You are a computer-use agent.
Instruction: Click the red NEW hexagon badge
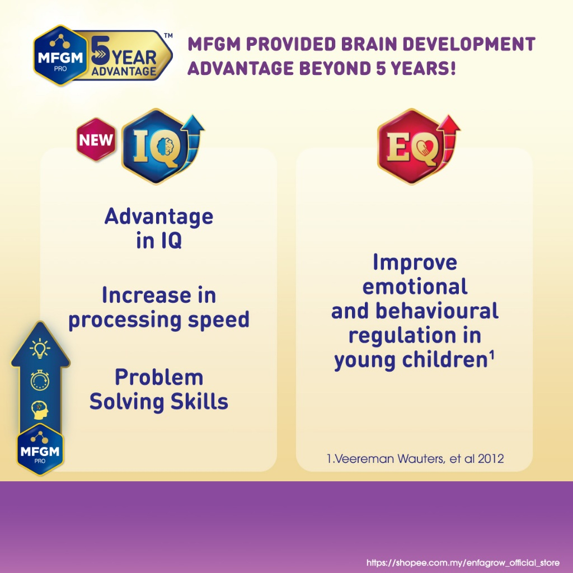click(x=96, y=139)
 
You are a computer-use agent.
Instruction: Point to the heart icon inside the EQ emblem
click(x=425, y=147)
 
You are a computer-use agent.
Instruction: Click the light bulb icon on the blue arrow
click(x=40, y=347)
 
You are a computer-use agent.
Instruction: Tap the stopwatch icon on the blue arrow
click(x=40, y=380)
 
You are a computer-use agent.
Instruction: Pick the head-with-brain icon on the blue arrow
click(x=40, y=410)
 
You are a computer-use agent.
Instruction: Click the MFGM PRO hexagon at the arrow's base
click(x=40, y=450)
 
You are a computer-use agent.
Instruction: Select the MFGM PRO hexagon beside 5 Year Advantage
click(x=60, y=55)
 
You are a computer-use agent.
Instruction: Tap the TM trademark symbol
click(x=168, y=35)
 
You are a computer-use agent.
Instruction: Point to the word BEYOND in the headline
click(x=335, y=68)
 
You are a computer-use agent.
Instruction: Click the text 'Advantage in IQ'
click(x=158, y=228)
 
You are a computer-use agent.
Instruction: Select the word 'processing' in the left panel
click(x=125, y=321)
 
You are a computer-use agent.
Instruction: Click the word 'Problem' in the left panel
click(x=159, y=377)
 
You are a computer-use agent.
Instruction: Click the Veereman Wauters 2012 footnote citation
click(x=415, y=459)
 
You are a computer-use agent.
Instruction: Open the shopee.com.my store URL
click(x=463, y=563)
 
